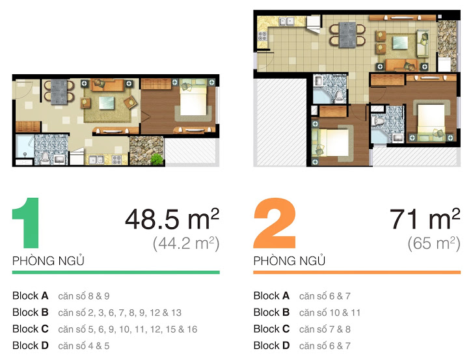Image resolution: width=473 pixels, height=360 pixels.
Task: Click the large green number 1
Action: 28,226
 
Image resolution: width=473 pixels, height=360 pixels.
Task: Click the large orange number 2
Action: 275,226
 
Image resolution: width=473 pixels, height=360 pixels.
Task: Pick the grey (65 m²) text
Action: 434,244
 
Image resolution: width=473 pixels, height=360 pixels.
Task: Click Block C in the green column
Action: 31,329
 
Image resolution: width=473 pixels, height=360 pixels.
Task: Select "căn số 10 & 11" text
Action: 330,312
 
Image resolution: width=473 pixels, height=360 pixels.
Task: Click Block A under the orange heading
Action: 272,296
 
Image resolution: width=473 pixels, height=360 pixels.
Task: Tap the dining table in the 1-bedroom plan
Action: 60,90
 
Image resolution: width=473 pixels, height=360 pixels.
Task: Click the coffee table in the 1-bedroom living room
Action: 107,102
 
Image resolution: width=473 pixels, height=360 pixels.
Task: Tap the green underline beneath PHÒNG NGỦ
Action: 116,272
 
